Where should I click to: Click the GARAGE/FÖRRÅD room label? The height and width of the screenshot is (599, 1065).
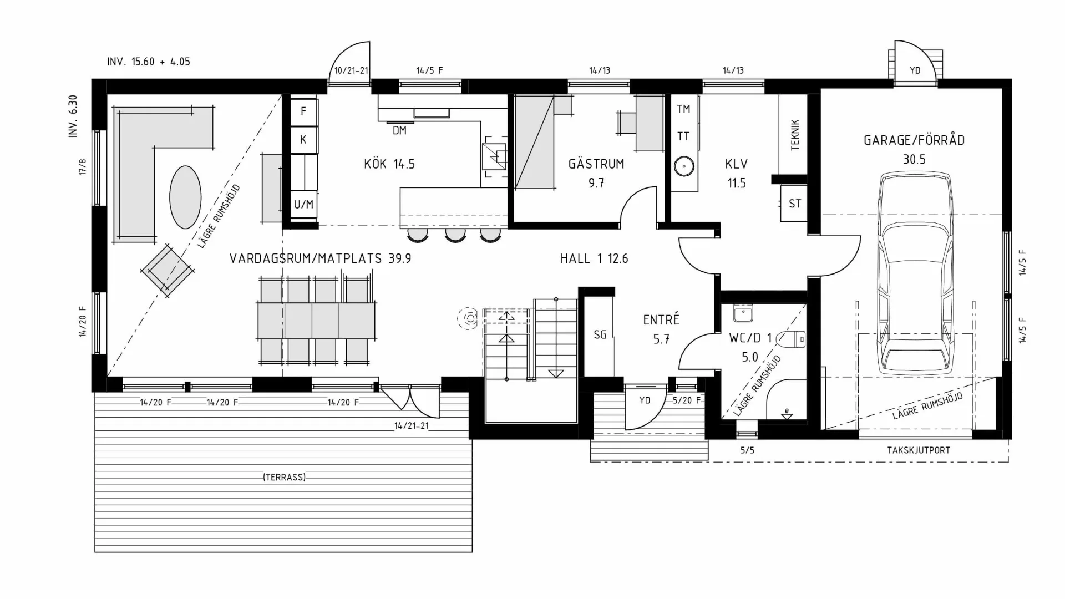[x=914, y=140]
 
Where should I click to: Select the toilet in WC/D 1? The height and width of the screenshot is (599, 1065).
[x=792, y=338]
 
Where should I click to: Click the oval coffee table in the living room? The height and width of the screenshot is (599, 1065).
[x=185, y=197]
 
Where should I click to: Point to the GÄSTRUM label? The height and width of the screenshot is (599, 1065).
[x=596, y=164]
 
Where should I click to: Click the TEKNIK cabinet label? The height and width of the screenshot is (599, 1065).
[x=795, y=134]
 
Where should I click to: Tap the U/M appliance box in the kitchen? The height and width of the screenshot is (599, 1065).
[x=303, y=205]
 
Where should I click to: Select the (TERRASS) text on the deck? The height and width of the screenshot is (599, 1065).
[x=284, y=477]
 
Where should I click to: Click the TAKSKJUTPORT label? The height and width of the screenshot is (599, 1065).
[x=918, y=450]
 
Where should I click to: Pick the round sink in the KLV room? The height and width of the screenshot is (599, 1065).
[x=684, y=166]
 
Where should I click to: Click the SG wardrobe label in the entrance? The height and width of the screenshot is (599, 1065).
[x=600, y=334]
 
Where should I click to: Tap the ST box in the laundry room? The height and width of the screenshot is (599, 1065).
[x=794, y=204]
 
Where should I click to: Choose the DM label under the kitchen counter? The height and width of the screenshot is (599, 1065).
[x=399, y=130]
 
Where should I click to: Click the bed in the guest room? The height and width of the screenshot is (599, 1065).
[x=535, y=142]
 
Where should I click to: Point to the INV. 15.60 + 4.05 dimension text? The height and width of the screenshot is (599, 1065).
[x=149, y=62]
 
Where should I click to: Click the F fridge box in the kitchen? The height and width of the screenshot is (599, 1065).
[x=303, y=111]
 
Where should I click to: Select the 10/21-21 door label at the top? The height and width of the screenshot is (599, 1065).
[x=351, y=71]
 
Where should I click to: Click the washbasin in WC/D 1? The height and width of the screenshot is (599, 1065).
[x=742, y=314]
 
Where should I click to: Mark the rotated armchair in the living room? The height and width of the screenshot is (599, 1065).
[x=167, y=270]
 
